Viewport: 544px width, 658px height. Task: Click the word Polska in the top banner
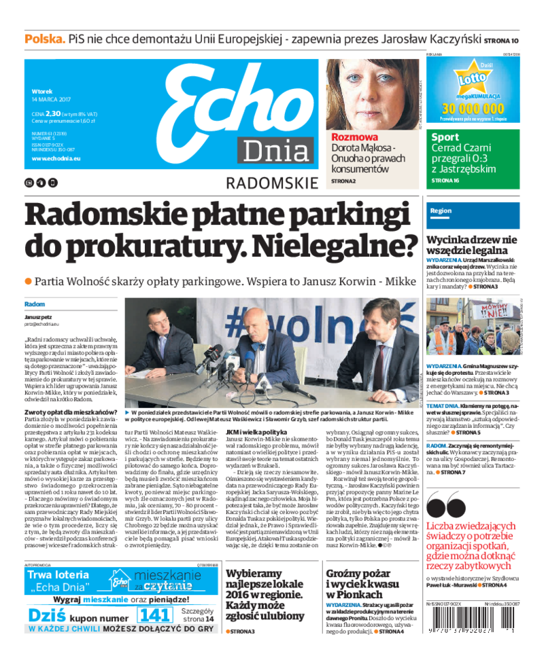(x=45, y=39)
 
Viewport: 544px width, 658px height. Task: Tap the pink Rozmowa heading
(x=354, y=137)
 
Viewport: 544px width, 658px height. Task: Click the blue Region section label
(x=441, y=211)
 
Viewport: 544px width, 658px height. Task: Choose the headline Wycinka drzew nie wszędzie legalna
(x=471, y=245)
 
